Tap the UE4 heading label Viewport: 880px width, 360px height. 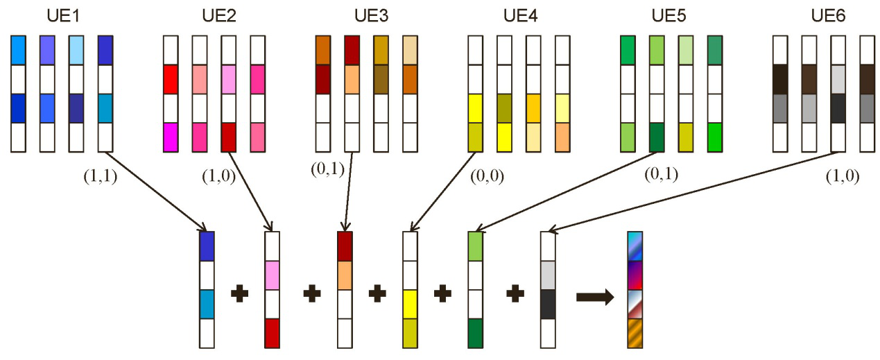coord(519,15)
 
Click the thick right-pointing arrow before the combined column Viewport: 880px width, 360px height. coord(594,298)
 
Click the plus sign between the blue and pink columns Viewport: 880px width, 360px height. coord(240,294)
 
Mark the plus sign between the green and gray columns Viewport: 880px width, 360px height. coord(514,294)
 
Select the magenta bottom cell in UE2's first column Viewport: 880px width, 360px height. coord(171,137)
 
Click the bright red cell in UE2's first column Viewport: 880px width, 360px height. coord(171,79)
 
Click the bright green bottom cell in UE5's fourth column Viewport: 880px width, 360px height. coord(714,137)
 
